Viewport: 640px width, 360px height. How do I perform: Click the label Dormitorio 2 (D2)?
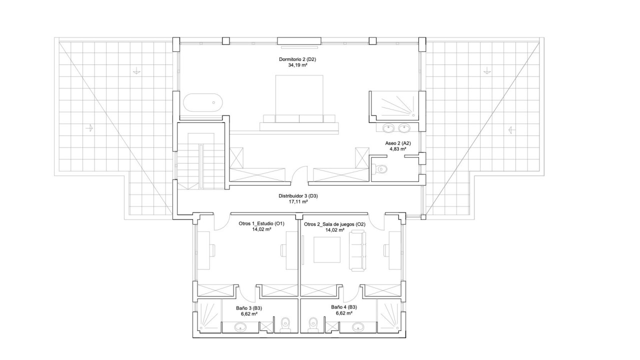[x=297, y=59]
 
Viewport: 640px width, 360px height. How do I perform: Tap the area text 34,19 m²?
[x=297, y=65]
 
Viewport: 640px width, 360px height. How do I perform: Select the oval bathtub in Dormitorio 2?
[x=203, y=102]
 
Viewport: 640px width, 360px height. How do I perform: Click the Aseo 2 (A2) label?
[x=398, y=143]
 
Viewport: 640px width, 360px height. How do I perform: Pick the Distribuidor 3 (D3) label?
[x=298, y=196]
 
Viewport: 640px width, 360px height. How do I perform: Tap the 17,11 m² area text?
[x=298, y=201]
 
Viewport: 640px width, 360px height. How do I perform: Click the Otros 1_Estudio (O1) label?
[x=261, y=223]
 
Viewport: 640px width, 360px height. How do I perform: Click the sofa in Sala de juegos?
[x=357, y=250]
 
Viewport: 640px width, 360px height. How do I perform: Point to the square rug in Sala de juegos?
[x=327, y=249]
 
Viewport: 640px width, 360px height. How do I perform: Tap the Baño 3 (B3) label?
[x=249, y=308]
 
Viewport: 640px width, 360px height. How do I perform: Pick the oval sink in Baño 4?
[x=358, y=326]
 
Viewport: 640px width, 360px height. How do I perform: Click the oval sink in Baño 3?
[x=240, y=327]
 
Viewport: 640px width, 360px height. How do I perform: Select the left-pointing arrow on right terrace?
[x=511, y=130]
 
